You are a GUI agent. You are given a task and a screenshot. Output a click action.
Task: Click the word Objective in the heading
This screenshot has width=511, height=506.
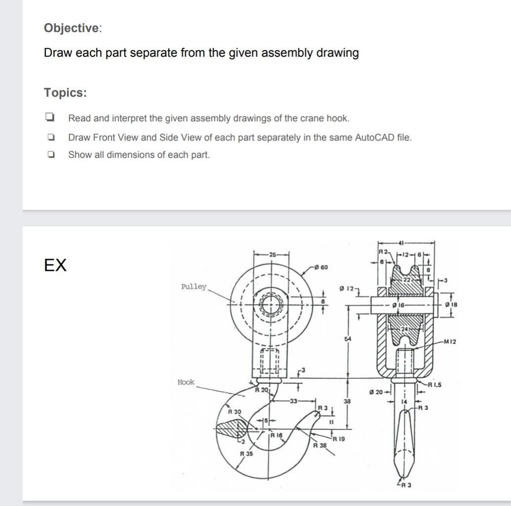click(71, 28)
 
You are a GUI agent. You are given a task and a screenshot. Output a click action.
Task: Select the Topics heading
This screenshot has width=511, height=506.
click(65, 92)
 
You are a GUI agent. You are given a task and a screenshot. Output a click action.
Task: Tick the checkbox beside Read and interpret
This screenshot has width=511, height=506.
click(49, 118)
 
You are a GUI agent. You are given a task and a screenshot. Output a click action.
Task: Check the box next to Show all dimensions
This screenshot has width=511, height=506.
click(49, 155)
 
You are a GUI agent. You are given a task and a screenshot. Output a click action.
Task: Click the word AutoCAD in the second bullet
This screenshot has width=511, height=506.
click(374, 137)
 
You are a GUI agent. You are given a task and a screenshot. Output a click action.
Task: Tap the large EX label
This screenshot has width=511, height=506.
click(55, 265)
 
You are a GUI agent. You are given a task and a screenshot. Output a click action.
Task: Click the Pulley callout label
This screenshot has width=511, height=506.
click(194, 287)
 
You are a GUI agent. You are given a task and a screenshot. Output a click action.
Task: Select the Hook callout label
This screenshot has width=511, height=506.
click(186, 382)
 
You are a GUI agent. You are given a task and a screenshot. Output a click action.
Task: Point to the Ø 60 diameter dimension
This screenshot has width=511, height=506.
click(321, 267)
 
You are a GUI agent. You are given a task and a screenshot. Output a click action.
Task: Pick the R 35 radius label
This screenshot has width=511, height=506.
click(246, 453)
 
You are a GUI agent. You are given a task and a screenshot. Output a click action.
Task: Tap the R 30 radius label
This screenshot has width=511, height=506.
click(234, 411)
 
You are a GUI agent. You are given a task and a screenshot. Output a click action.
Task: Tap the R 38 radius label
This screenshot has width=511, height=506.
click(320, 445)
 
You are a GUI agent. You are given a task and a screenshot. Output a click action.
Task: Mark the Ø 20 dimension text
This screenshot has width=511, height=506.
click(376, 392)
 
